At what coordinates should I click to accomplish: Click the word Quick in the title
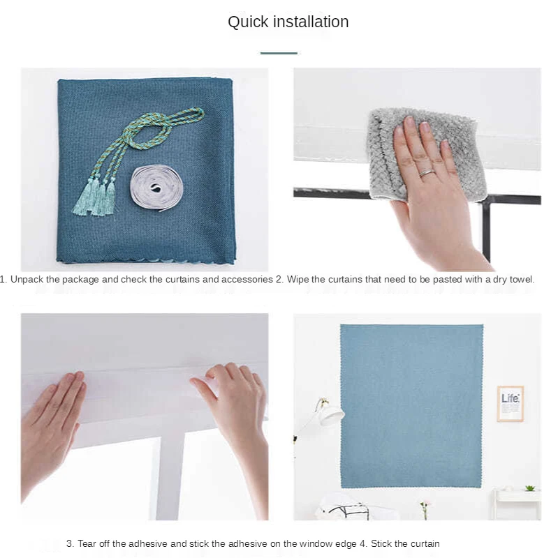coord(248,22)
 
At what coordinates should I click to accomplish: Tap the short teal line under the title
coord(279,53)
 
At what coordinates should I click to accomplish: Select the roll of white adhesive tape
coord(156,188)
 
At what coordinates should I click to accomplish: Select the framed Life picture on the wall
coord(511,404)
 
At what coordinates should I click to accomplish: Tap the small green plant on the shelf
coord(530,488)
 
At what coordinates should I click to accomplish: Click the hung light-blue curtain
coord(411,406)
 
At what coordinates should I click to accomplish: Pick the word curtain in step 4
coord(424,544)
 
